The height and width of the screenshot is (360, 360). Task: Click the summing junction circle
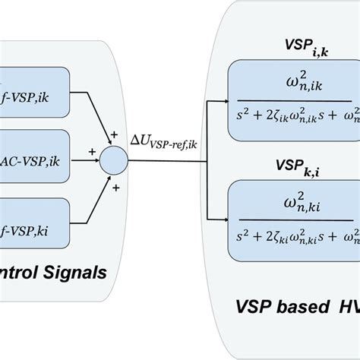[x=115, y=162]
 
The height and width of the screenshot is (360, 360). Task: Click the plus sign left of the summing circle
[x=93, y=152]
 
